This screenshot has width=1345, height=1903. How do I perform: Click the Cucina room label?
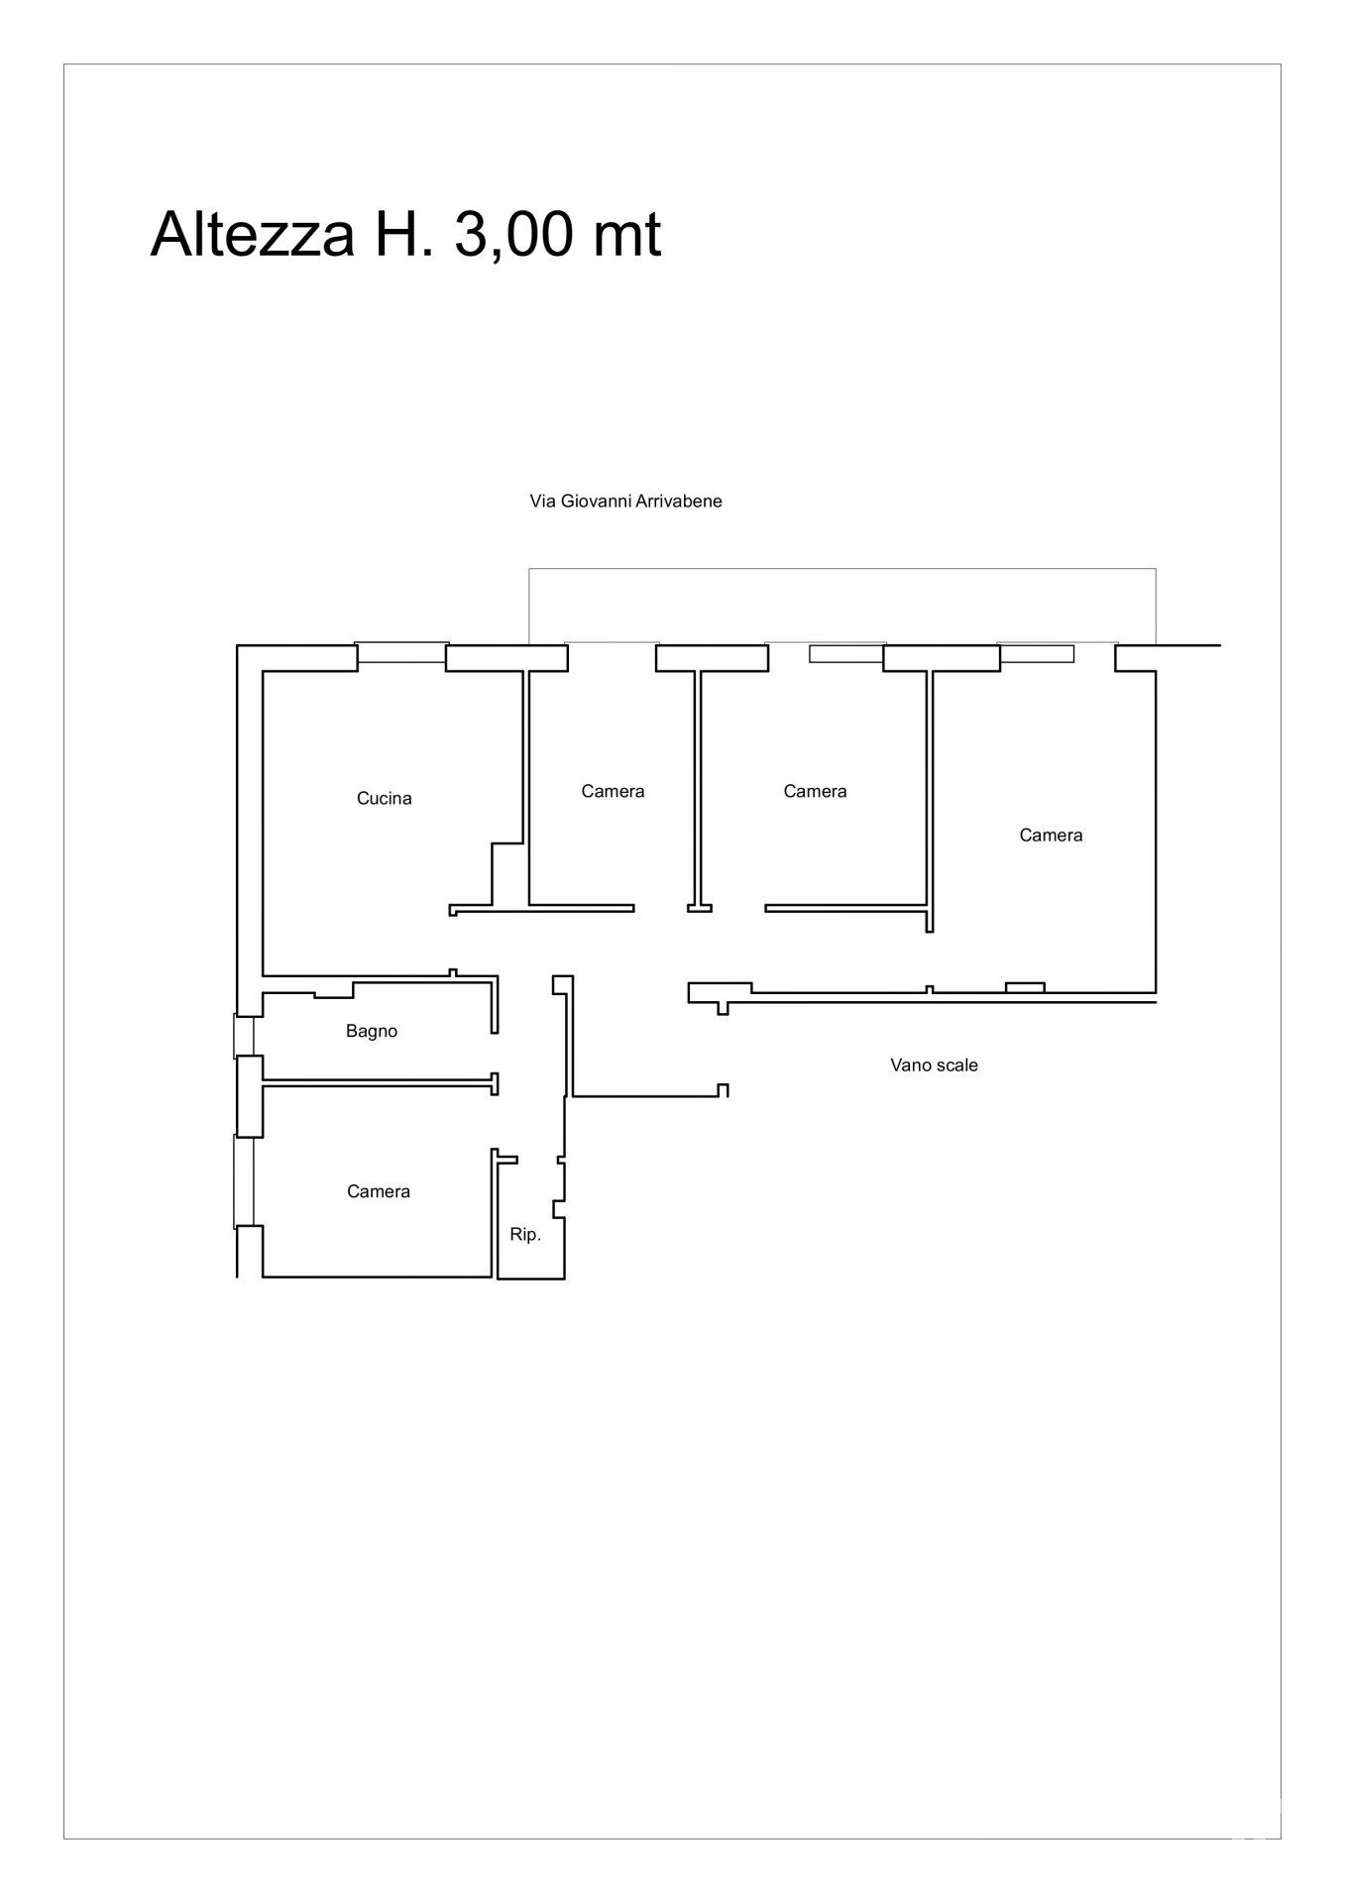(384, 798)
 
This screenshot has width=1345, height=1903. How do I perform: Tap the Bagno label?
(372, 1031)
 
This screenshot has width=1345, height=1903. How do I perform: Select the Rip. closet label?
(525, 1235)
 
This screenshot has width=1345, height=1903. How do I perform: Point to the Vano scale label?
(934, 1065)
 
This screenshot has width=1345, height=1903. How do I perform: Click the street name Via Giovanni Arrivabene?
(626, 501)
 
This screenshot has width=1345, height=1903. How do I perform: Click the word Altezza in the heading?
(252, 236)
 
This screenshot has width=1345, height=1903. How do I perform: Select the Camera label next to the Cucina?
(613, 791)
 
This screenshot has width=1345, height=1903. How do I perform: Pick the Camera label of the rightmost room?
(1051, 836)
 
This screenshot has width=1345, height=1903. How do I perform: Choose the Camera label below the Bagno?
(379, 1191)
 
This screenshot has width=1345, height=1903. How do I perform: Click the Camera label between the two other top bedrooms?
(815, 791)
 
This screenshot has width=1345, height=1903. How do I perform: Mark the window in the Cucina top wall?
(401, 653)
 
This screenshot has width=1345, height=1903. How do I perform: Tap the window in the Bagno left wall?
(244, 1036)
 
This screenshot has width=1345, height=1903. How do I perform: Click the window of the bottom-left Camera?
(244, 1180)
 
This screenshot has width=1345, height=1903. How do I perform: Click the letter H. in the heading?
(403, 236)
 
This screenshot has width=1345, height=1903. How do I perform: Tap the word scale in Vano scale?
(955, 1065)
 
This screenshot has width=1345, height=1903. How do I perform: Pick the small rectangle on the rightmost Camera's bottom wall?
(1025, 987)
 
